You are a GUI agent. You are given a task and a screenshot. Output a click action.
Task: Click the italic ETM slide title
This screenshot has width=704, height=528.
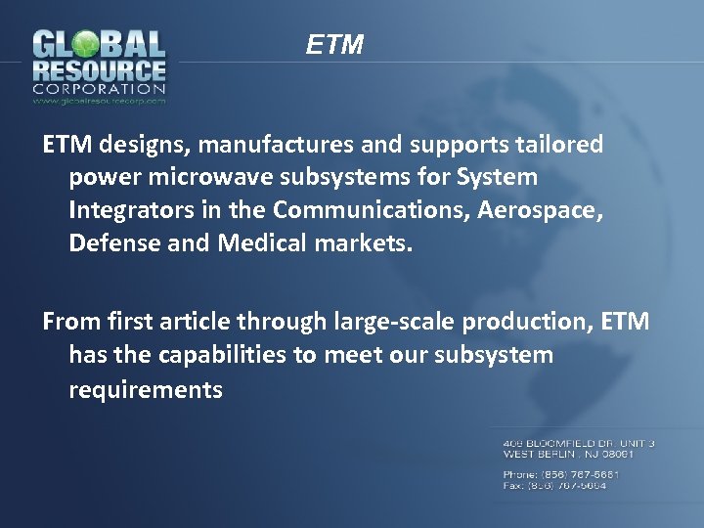coord(334,45)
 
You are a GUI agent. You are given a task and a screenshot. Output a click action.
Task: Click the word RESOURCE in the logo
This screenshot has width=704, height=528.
coord(99,71)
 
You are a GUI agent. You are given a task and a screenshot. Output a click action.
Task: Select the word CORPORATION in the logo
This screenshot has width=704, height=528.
coord(99,89)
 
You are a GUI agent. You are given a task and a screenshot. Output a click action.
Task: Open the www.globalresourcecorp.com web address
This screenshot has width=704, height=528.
coord(99,100)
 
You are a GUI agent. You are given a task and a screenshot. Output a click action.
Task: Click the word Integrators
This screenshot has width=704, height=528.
coord(127,210)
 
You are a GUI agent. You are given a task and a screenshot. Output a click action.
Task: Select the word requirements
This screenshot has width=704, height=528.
coord(146,390)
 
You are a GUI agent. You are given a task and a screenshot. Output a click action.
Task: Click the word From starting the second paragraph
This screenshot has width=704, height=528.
coord(66,322)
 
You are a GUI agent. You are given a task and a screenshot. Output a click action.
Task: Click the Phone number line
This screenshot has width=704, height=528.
coord(561,474)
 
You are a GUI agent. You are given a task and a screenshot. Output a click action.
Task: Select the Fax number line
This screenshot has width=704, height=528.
coord(554,486)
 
